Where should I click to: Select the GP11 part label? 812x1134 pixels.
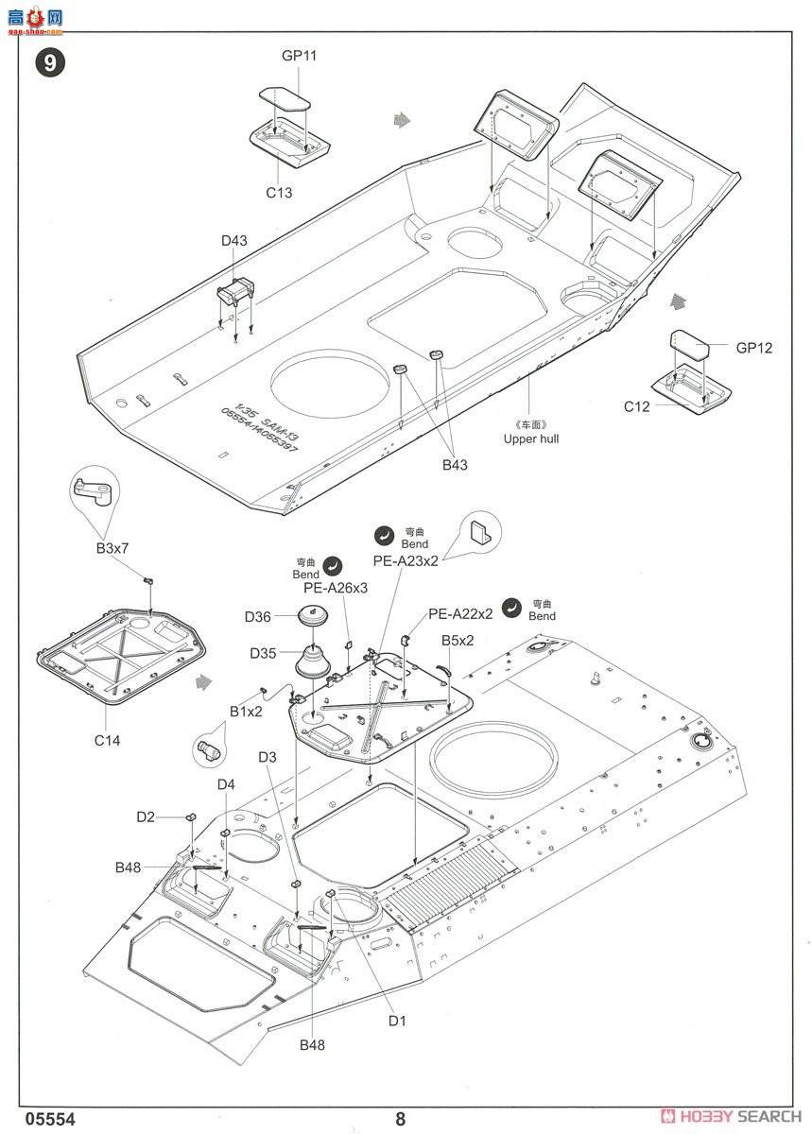click(x=299, y=56)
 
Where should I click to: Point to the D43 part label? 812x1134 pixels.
click(x=234, y=241)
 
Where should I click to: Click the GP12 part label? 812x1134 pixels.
click(x=753, y=348)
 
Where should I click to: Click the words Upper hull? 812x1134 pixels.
click(x=532, y=438)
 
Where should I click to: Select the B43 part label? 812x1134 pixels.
click(x=454, y=464)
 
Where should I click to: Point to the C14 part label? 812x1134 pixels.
click(x=107, y=740)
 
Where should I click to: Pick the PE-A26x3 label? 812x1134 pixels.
click(x=336, y=587)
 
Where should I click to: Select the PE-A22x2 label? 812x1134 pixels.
click(x=460, y=613)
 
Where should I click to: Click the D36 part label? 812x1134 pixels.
click(x=258, y=617)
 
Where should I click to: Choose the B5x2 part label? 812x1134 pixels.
click(x=458, y=641)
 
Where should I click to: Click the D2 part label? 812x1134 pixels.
click(x=145, y=816)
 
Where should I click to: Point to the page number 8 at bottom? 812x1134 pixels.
click(x=401, y=1119)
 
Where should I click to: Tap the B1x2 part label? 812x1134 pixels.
click(x=246, y=712)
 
